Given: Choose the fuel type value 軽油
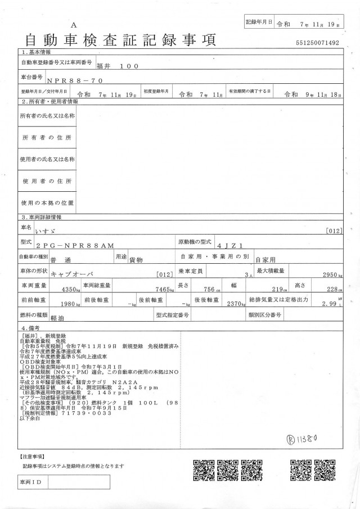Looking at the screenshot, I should [x=57, y=318].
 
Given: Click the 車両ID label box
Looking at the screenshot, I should [x=30, y=483].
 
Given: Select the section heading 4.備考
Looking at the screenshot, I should [x=30, y=327].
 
